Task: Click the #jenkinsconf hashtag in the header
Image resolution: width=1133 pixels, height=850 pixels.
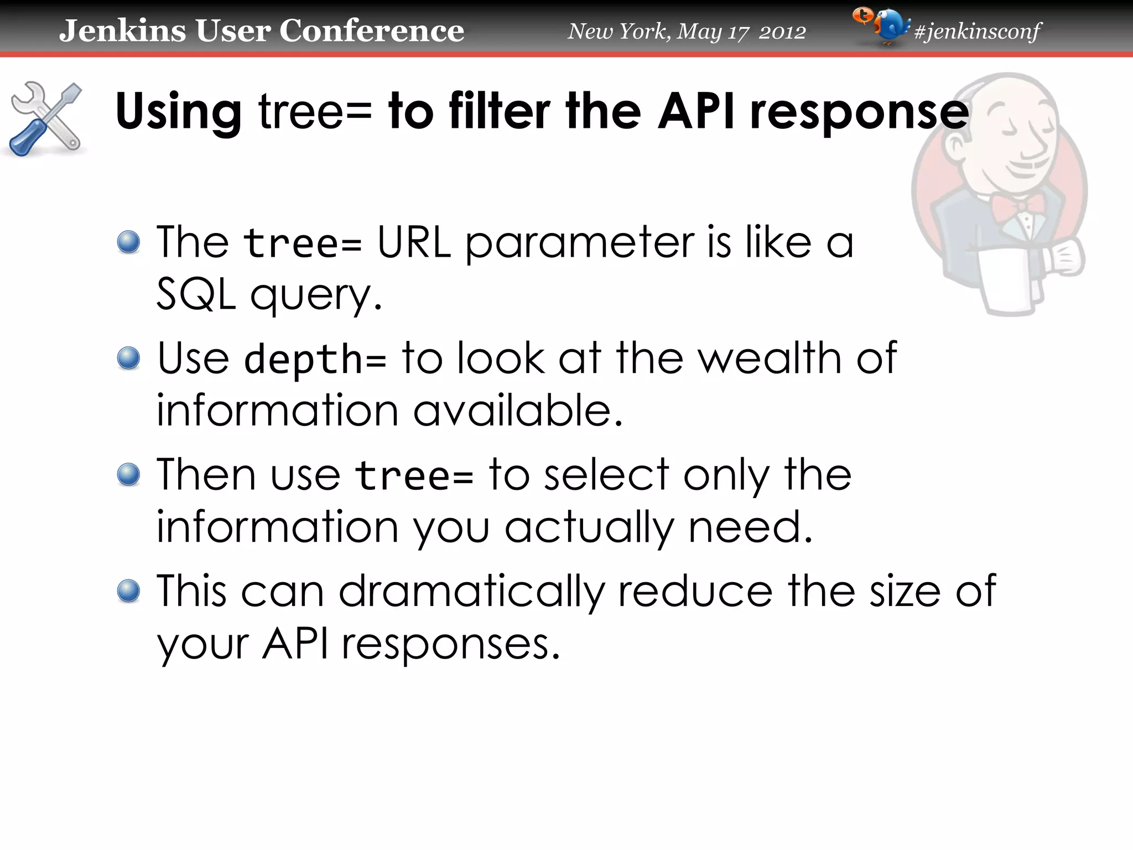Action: click(x=977, y=32)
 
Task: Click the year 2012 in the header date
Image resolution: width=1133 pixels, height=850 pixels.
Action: click(x=782, y=32)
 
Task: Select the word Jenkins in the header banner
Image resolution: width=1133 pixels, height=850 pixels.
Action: click(x=122, y=30)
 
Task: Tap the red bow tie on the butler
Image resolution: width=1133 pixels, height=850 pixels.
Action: click(x=1017, y=207)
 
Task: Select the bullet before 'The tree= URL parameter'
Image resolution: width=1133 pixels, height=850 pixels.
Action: click(x=129, y=242)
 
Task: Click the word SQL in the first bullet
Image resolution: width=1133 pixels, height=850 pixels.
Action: click(x=196, y=294)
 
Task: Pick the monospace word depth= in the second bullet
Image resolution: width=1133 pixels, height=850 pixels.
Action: click(x=315, y=359)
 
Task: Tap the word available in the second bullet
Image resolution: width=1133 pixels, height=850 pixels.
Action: click(x=518, y=411)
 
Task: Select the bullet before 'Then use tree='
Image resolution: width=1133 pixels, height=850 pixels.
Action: click(x=129, y=475)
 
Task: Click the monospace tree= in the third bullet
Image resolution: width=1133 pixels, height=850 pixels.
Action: click(x=414, y=475)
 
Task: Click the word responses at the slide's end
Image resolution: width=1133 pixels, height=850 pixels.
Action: click(x=451, y=644)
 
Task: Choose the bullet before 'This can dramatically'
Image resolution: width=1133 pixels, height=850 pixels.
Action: click(x=129, y=592)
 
